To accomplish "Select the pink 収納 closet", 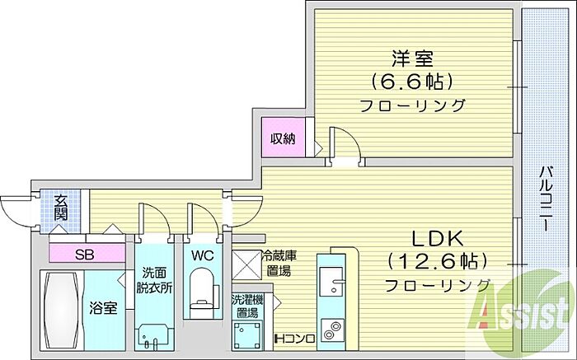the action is (x=284, y=138).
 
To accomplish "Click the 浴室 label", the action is (x=103, y=308).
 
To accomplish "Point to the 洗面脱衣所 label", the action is (x=153, y=281).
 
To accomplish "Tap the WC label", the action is (x=203, y=255).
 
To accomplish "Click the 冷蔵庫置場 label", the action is (x=275, y=263).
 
